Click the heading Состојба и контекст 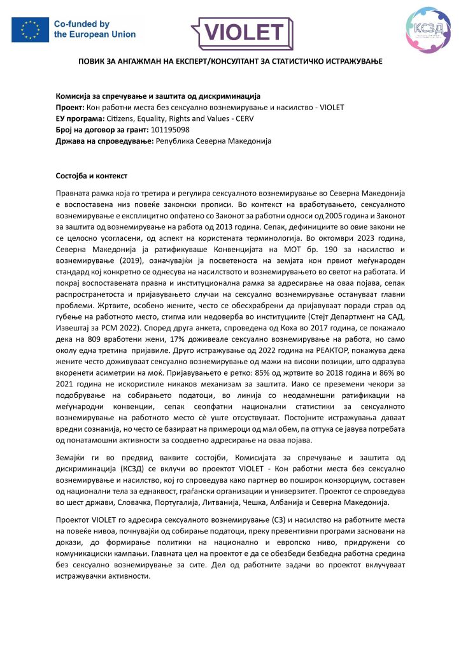point(92,175)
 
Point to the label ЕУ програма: point(80,118)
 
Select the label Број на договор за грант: point(102,129)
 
